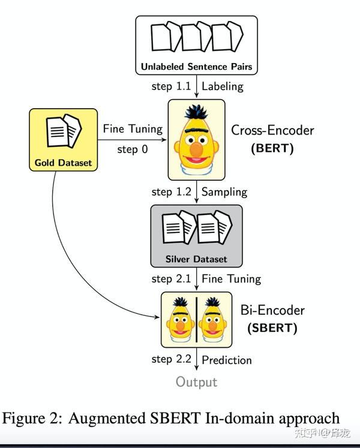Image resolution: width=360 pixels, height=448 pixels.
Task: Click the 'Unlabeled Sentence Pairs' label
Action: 197,66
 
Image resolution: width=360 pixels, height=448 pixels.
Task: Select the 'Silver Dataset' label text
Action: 197,259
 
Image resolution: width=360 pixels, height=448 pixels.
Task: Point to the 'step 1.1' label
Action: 171,86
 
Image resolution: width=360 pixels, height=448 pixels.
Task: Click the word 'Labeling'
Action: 223,86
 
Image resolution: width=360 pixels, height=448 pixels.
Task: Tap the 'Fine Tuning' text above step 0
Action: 133,129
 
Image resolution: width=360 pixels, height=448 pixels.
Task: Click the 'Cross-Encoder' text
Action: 272,130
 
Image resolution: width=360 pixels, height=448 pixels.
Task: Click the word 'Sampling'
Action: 224,192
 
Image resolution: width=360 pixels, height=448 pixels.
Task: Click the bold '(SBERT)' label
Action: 272,328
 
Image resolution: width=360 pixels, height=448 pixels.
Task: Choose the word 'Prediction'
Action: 226,360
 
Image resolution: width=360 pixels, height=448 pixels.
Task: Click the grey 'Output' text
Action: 196,382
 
